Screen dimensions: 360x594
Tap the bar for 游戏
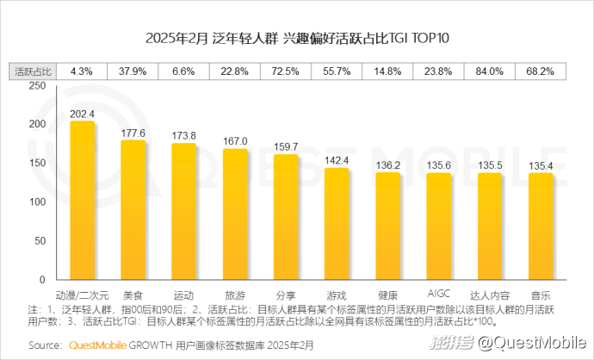337,221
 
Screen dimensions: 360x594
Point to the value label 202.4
82,113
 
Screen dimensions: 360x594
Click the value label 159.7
286,146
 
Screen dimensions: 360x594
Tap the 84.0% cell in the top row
489,71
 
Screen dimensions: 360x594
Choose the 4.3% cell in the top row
82,71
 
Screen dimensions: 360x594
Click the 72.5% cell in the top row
286,71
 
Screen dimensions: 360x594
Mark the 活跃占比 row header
34,71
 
